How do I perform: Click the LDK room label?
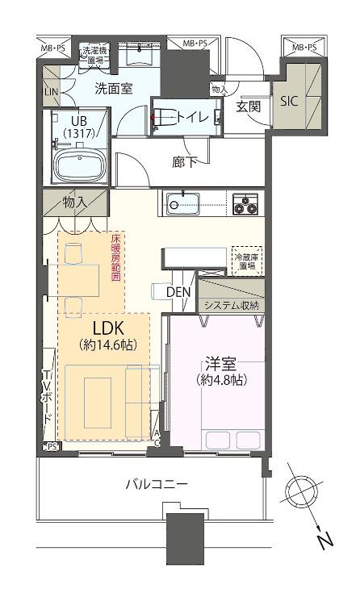(108, 329)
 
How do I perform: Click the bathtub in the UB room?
(79, 165)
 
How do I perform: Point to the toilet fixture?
(165, 119)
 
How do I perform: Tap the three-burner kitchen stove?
(245, 203)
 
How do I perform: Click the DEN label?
(179, 292)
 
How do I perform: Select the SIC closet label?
(288, 102)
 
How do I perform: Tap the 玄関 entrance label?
(248, 106)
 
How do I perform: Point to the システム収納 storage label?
(231, 305)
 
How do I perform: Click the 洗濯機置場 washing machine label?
(93, 54)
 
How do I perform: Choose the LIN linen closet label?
(50, 93)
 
